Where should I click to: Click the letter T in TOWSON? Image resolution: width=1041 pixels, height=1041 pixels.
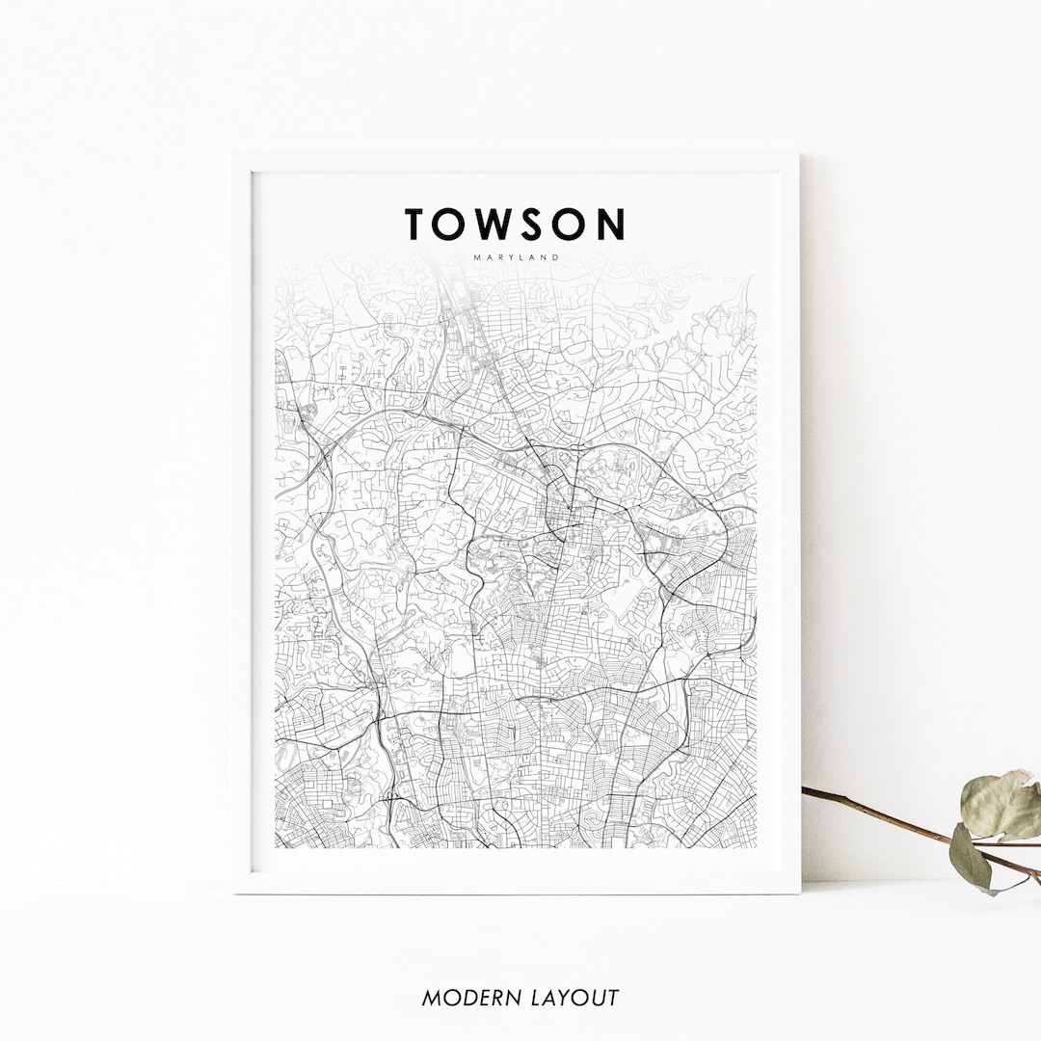[x=416, y=224]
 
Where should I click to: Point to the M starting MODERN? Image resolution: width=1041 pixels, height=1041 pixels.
[x=431, y=998]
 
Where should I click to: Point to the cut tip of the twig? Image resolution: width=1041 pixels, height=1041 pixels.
[x=805, y=791]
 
